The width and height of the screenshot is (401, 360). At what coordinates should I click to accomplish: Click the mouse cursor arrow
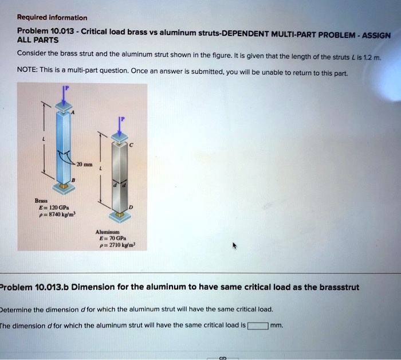click(234, 246)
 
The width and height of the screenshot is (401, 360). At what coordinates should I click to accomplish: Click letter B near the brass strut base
click(73, 180)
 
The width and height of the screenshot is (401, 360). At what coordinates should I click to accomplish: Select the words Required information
click(52, 18)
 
